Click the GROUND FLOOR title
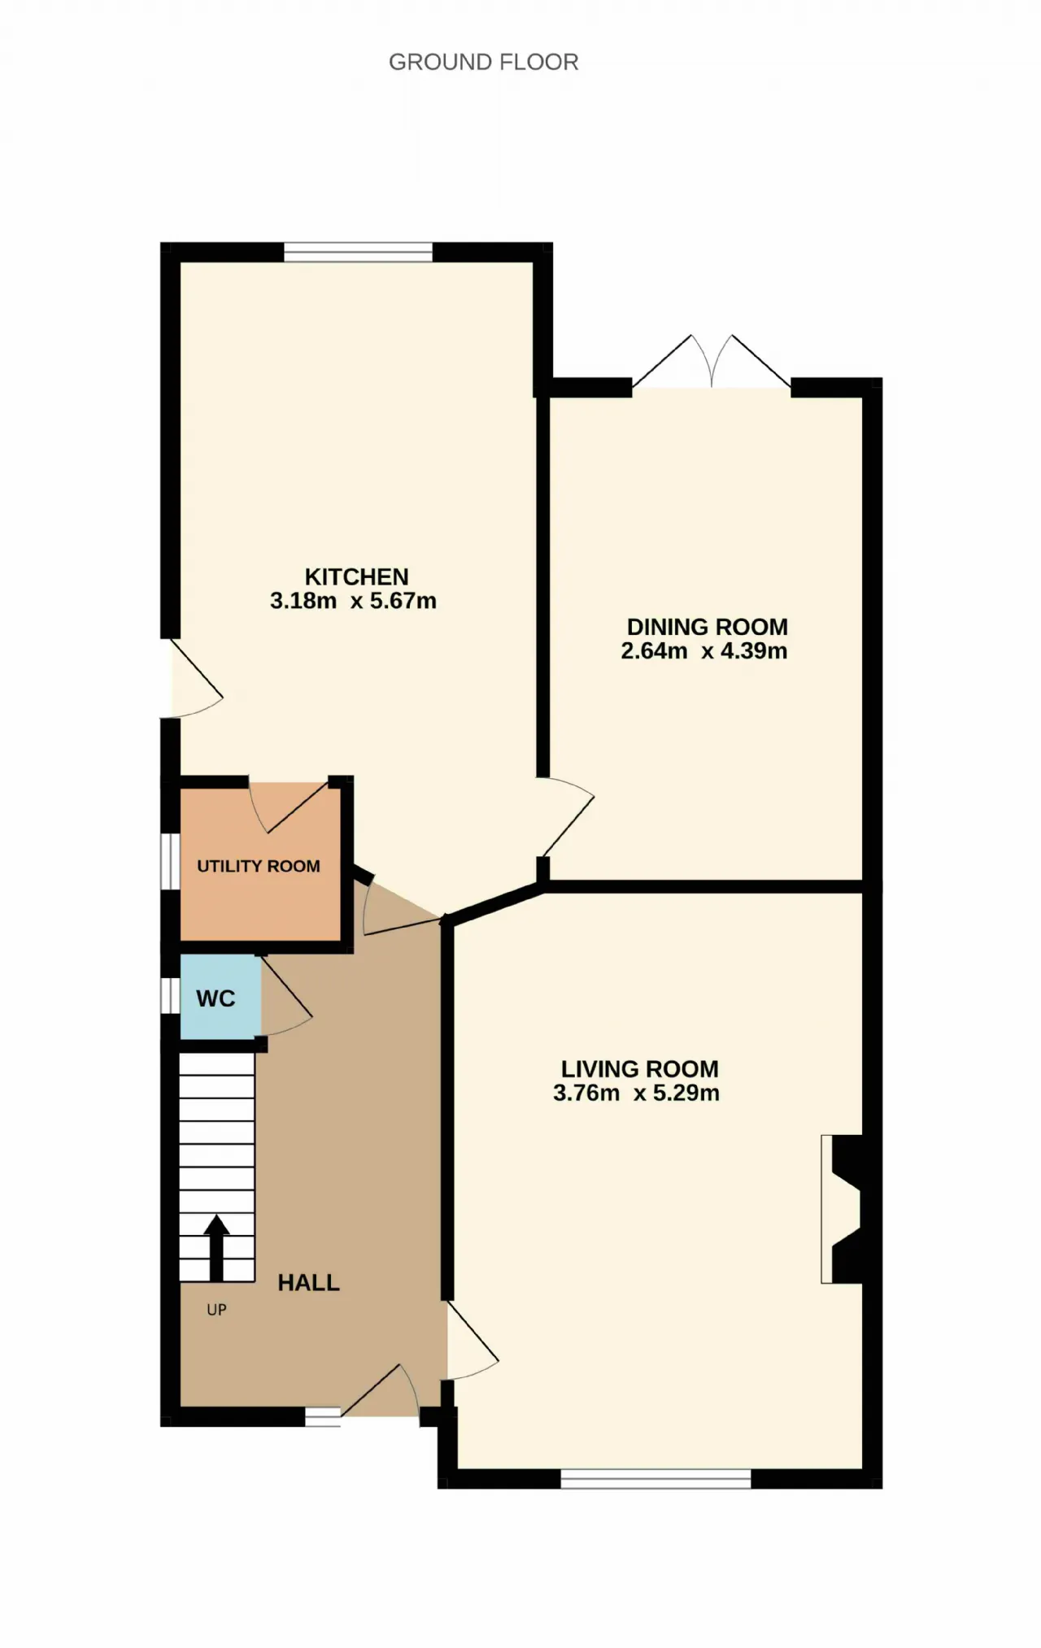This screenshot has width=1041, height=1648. click(483, 63)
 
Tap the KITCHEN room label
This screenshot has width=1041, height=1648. click(356, 577)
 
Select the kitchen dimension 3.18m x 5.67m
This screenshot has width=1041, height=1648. click(353, 601)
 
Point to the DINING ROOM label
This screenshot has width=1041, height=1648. click(707, 628)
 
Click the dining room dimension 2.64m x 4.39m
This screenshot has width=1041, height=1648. click(703, 651)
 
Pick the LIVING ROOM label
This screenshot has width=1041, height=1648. click(639, 1069)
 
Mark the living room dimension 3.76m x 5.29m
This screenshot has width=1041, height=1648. click(636, 1093)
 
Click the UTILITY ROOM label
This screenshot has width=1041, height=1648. click(259, 867)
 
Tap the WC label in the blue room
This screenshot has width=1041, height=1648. click(216, 998)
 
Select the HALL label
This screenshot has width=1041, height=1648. click(308, 1283)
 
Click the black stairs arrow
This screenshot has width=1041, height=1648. click(216, 1248)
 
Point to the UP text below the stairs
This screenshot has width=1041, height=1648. click(216, 1310)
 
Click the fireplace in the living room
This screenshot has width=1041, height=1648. click(841, 1209)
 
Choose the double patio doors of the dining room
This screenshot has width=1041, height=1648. click(712, 363)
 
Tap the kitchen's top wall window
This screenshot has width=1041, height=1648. click(358, 252)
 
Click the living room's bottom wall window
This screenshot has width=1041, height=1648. click(656, 1479)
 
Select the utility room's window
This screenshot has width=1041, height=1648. click(170, 862)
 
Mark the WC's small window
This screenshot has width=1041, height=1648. click(170, 995)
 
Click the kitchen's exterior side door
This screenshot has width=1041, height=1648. click(192, 679)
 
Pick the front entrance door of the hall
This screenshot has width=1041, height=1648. click(381, 1393)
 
